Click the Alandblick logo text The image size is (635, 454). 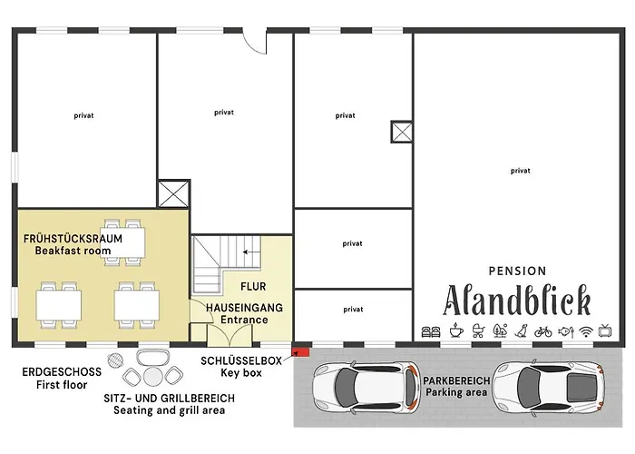(517, 300)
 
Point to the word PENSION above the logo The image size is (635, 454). (517, 271)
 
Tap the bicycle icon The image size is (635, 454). (542, 331)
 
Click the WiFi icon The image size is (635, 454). (586, 331)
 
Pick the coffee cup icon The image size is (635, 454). (454, 331)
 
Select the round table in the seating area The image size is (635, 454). (151, 375)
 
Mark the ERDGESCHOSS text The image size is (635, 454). (63, 372)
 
